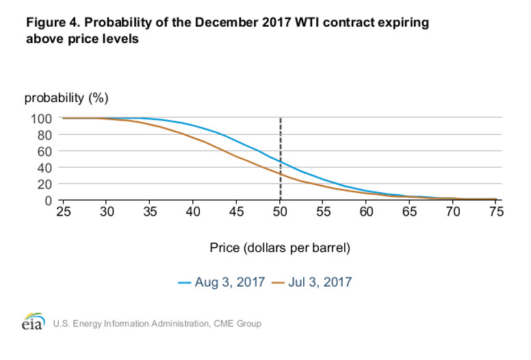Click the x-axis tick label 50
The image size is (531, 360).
pos(280,211)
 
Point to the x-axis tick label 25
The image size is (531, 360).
pos(64,211)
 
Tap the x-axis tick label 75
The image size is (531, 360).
pos(496,211)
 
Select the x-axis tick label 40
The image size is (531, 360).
pos(193,211)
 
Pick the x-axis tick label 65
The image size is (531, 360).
pos(409,211)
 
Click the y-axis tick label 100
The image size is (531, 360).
pos(41,119)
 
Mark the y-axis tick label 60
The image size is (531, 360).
pos(44,151)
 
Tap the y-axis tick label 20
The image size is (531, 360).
pos(44,184)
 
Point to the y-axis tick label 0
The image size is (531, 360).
pos(49,201)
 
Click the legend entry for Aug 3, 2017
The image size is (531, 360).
pos(222,282)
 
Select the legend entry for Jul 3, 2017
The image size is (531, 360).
pos(312,282)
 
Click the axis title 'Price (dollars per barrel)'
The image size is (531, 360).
pos(280,248)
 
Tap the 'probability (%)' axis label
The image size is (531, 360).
pos(66,98)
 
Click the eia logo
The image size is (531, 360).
pos(34,321)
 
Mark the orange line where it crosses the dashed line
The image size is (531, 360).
pos(281,174)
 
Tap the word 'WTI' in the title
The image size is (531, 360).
pos(307,23)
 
